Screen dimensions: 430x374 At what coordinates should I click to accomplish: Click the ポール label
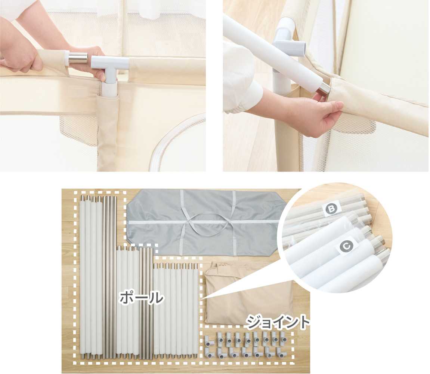(x=141, y=297)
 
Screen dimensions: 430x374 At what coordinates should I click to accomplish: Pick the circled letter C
(x=346, y=246)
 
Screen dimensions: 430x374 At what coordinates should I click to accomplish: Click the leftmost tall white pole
(x=83, y=277)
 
